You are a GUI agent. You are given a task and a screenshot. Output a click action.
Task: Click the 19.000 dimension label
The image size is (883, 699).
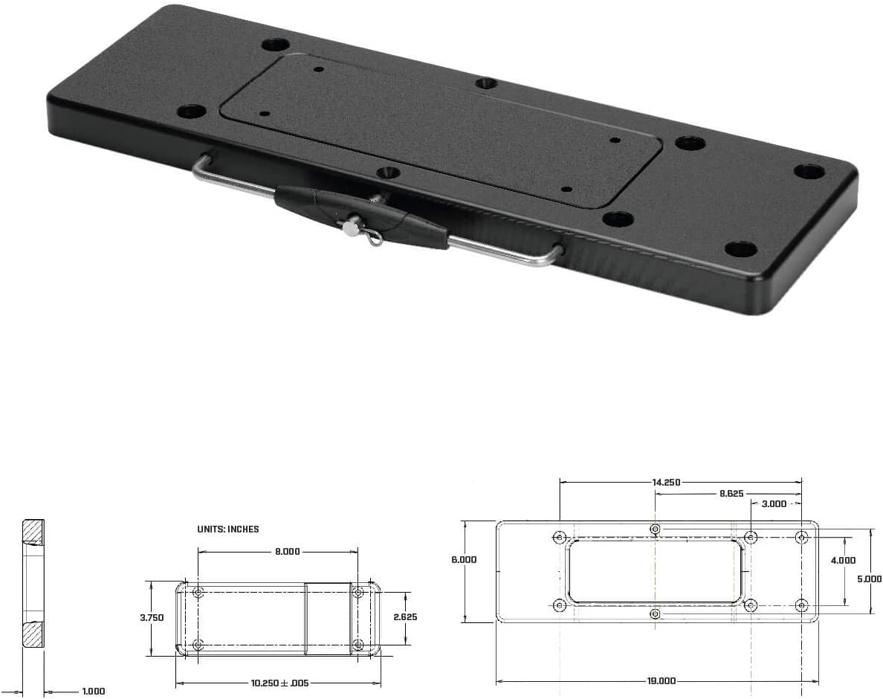(x=661, y=680)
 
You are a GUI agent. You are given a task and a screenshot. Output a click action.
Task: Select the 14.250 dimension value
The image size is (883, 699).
(x=667, y=482)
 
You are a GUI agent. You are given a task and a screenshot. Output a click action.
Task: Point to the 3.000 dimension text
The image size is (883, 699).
(x=773, y=503)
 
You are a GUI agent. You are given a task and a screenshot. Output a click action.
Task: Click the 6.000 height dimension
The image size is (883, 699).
(x=464, y=559)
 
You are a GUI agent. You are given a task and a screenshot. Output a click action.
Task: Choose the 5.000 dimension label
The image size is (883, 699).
(x=869, y=578)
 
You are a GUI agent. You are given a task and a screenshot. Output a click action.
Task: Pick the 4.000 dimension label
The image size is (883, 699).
(x=843, y=561)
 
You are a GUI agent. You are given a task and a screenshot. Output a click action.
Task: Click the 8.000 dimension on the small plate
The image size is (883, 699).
(x=288, y=551)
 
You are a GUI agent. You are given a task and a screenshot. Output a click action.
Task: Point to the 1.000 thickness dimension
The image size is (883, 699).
(x=93, y=692)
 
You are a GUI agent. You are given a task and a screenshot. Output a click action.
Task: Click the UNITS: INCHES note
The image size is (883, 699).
(x=228, y=529)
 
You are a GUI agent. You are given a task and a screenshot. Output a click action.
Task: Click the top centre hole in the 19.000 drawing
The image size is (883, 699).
(x=655, y=529)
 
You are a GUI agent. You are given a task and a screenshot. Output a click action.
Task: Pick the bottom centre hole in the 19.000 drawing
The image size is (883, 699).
(x=655, y=613)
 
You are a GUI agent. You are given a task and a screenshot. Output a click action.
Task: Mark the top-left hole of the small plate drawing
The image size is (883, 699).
(x=198, y=593)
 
